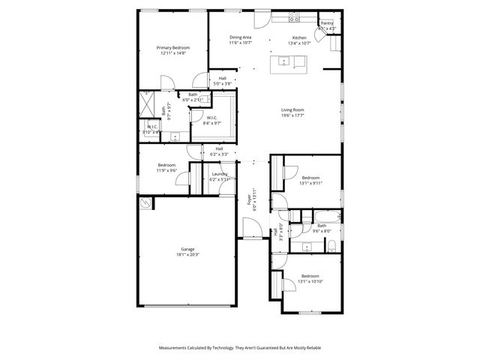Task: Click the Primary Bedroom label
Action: pos(172,47)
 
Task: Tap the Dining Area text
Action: pos(240,37)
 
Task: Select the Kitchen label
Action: pos(299,37)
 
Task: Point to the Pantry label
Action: pos(326,23)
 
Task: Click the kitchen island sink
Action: pos(286,59)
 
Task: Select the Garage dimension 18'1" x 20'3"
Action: pos(187,254)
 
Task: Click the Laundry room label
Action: pos(219,174)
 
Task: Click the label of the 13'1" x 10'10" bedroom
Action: pos(310,276)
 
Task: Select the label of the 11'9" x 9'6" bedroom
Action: pos(166,165)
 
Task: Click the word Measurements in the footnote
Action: pos(175,348)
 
